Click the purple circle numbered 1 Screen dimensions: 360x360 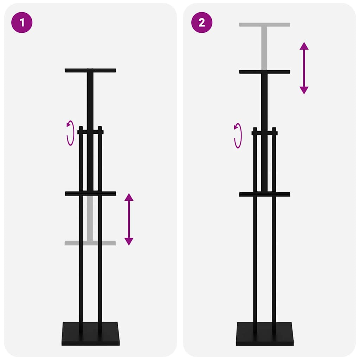pyautogui.click(x=22, y=22)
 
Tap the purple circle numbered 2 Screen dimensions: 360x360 pyautogui.click(x=201, y=22)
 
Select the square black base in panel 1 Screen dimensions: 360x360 pyautogui.click(x=90, y=334)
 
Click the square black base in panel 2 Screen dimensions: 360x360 pyautogui.click(x=264, y=334)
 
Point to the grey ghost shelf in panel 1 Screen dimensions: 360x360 pyautogui.click(x=90, y=243)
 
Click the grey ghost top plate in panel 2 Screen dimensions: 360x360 pyautogui.click(x=264, y=25)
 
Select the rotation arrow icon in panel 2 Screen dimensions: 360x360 pyautogui.click(x=238, y=135)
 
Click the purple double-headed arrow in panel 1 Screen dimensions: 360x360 pyautogui.click(x=129, y=219)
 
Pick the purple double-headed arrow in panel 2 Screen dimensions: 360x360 pyautogui.click(x=304, y=68)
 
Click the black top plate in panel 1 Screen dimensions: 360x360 pyautogui.click(x=90, y=70)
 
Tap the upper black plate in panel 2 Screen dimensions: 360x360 pyautogui.click(x=264, y=72)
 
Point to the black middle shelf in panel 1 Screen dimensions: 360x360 pyautogui.click(x=90, y=193)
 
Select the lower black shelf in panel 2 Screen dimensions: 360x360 pyautogui.click(x=264, y=194)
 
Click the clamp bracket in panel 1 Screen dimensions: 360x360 pyautogui.click(x=90, y=132)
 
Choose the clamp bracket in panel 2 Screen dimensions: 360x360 pyautogui.click(x=264, y=133)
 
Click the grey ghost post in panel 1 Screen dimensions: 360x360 pyautogui.click(x=90, y=218)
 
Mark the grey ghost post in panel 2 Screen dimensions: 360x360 pyautogui.click(x=264, y=47)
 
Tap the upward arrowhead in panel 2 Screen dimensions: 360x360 pyautogui.click(x=304, y=46)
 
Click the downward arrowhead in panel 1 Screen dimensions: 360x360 pyautogui.click(x=129, y=241)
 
